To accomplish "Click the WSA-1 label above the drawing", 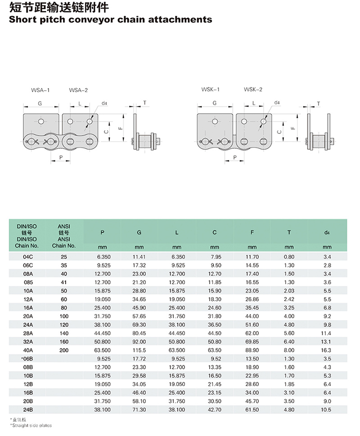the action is click(x=40, y=90).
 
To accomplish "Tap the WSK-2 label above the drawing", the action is click(x=253, y=89).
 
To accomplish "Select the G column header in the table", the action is click(x=139, y=232).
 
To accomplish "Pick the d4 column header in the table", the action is click(x=327, y=232).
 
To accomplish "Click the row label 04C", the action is click(x=28, y=257).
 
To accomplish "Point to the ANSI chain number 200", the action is click(x=64, y=350).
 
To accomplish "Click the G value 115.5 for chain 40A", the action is click(x=139, y=350).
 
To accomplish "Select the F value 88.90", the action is click(x=252, y=350).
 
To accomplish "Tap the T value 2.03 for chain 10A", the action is click(x=289, y=290).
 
